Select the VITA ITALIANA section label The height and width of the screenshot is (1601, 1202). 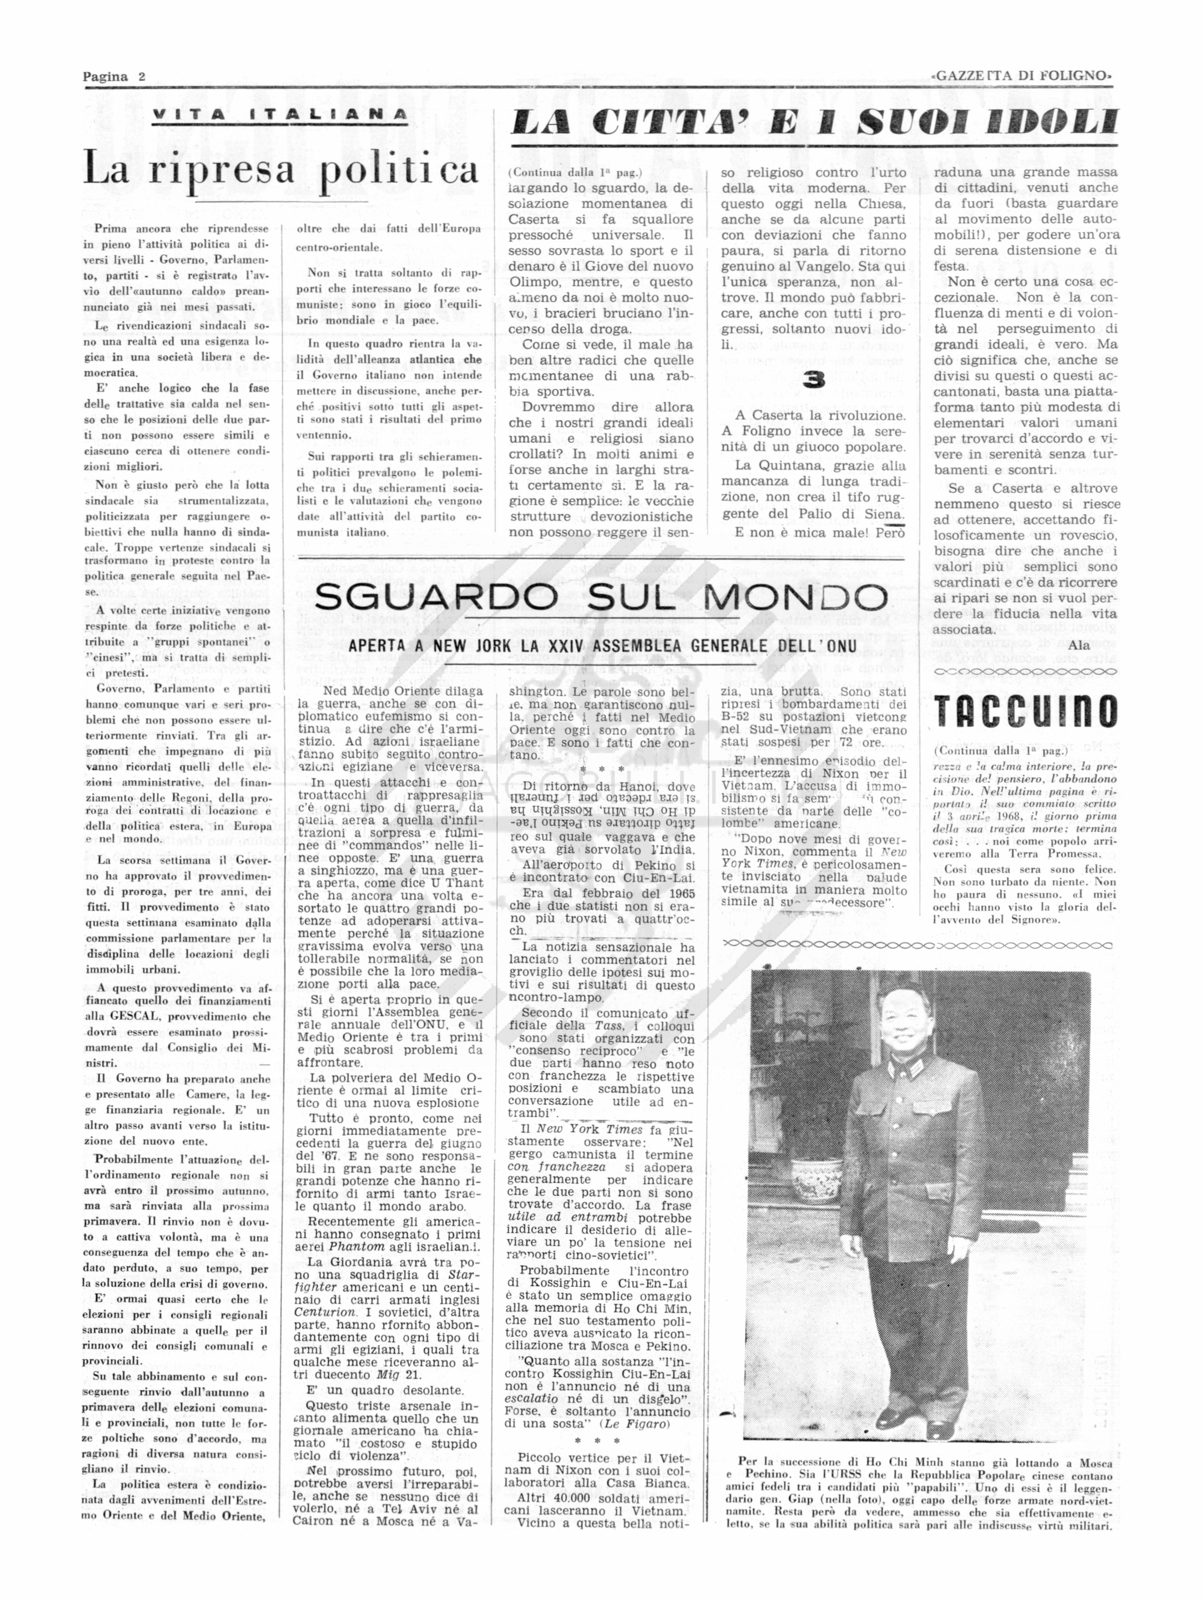coord(279,115)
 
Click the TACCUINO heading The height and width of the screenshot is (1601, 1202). coord(1024,712)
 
